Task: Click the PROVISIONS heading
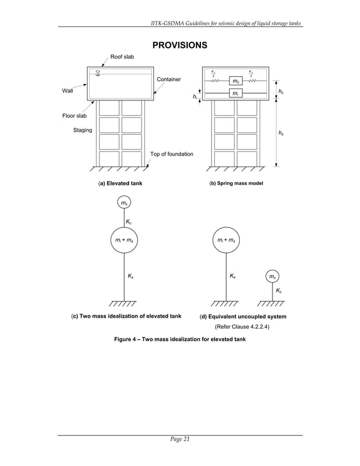click(x=179, y=45)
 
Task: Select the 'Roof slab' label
click(x=122, y=57)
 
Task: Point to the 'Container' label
click(x=169, y=80)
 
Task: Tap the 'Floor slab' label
click(x=74, y=116)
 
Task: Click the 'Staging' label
click(x=83, y=131)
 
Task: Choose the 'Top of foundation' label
click(x=172, y=154)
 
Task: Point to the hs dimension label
click(x=281, y=133)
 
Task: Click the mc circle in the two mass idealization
click(x=124, y=203)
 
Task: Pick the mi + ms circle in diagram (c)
click(x=124, y=240)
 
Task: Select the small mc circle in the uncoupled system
click(x=273, y=276)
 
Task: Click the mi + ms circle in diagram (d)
click(x=226, y=240)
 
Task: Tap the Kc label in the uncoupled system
click(x=279, y=291)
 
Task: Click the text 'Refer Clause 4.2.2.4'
click(x=242, y=327)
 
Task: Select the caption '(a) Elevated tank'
click(x=120, y=183)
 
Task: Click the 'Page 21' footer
click(x=179, y=441)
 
